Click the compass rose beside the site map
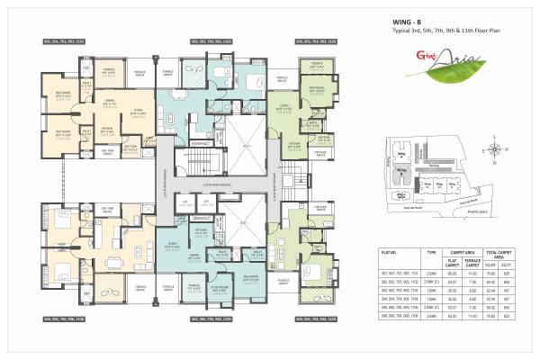494,148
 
